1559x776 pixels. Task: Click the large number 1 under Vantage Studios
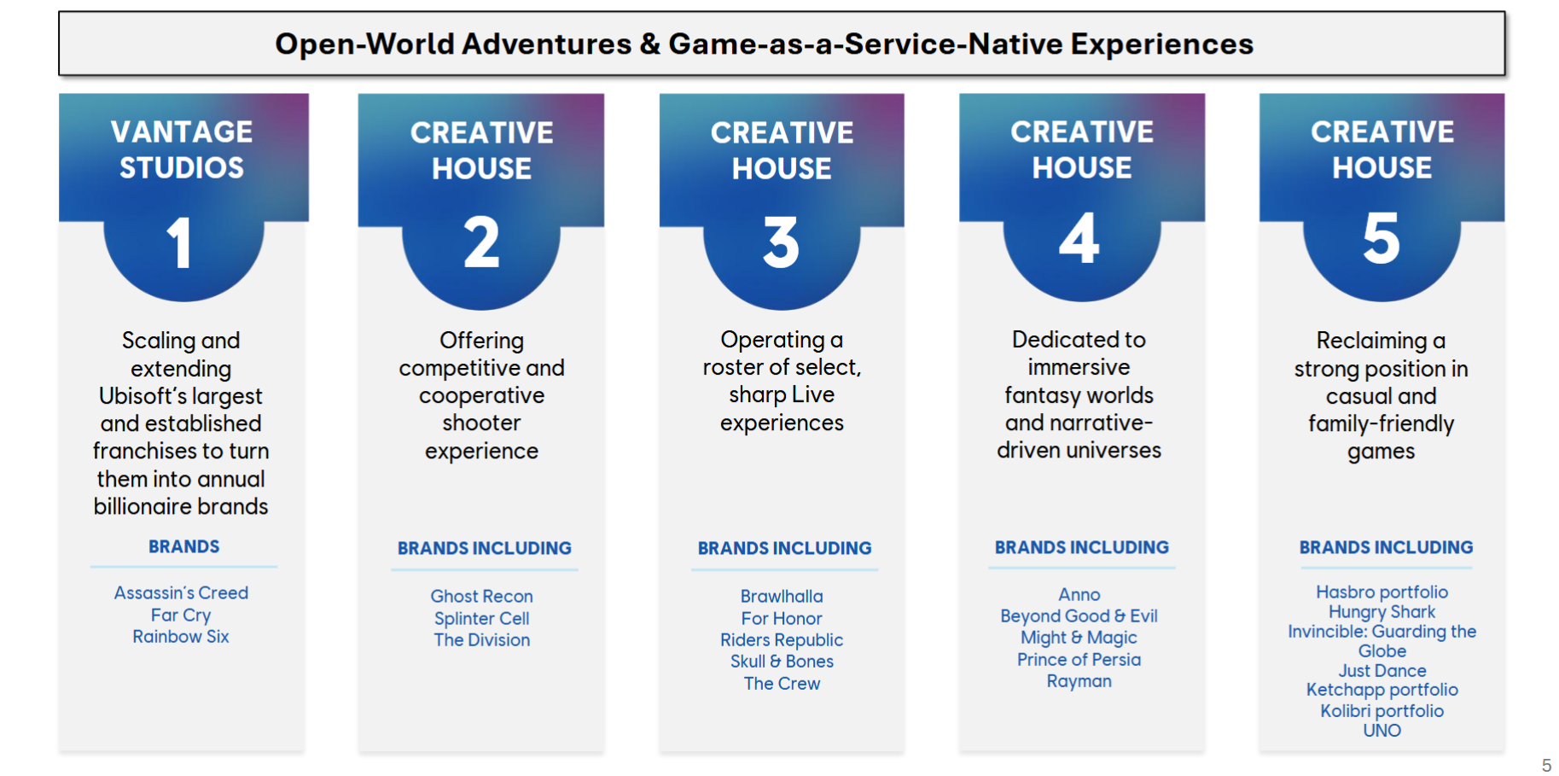[179, 242]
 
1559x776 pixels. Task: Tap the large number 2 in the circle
[482, 242]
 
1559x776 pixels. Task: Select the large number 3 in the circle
[782, 242]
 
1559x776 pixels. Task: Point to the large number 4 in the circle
[1079, 238]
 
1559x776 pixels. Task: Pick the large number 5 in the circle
[1382, 238]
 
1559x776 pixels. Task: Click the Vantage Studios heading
[182, 149]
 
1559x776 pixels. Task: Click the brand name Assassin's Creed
[182, 592]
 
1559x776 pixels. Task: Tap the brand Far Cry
[181, 615]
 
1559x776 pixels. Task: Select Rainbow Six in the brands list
[181, 636]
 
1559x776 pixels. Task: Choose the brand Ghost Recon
[482, 596]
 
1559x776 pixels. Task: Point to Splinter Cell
[482, 618]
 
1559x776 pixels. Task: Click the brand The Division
[482, 639]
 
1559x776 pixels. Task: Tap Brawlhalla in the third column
[782, 596]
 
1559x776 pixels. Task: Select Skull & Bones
[782, 661]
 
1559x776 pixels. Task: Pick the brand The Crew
[782, 683]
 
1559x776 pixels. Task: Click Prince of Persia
[1079, 659]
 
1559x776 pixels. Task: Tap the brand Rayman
[1079, 680]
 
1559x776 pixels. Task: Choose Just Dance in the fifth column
[1382, 670]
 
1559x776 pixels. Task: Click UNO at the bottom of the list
[1382, 730]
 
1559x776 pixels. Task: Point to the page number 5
[1546, 765]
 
